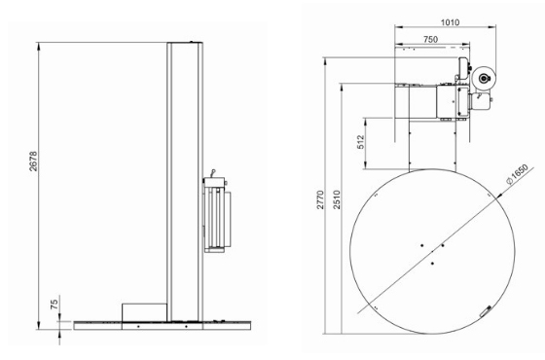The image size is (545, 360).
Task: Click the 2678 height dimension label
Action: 33,161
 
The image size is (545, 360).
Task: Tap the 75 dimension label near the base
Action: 54,305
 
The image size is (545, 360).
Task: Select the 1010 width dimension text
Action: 450,22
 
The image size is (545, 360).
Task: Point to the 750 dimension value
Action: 430,40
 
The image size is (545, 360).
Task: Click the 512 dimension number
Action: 361,142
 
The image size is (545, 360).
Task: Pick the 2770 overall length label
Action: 320,199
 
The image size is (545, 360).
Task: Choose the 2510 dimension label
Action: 337,199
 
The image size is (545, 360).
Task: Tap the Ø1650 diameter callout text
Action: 518,174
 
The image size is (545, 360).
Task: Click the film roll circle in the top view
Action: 485,79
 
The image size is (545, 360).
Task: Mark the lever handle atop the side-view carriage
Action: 213,173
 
